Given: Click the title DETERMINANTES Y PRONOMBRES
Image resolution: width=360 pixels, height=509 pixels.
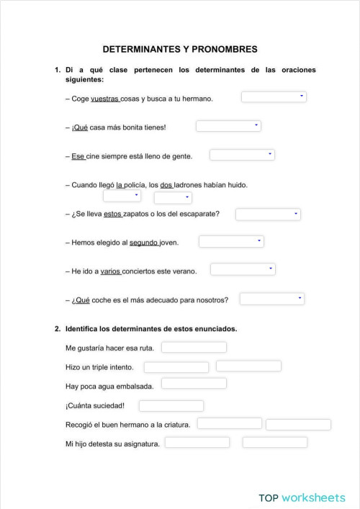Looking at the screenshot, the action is click(179, 49).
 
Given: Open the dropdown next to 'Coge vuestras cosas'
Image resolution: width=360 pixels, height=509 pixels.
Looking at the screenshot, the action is click(274, 97).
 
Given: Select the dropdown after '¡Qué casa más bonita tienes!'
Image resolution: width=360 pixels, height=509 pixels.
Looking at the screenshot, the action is click(228, 126).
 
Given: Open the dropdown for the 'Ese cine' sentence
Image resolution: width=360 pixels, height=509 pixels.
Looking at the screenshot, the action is click(242, 155).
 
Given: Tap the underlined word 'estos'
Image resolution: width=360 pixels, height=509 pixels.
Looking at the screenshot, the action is click(113, 214).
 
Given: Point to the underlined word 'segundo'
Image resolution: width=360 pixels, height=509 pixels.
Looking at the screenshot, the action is click(144, 243).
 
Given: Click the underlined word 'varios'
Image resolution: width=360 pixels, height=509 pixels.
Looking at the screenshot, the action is click(110, 271).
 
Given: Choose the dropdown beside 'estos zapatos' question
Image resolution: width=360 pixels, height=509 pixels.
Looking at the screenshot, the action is click(268, 214).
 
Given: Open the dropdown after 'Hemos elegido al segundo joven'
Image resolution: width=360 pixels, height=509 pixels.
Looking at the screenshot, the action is click(231, 242).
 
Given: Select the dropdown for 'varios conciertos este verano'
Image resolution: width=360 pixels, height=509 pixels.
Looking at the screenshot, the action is click(243, 270).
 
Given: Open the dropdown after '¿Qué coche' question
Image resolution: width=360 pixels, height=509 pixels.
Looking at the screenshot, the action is click(272, 299).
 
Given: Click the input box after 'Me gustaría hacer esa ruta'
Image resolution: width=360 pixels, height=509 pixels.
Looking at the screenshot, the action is click(194, 348).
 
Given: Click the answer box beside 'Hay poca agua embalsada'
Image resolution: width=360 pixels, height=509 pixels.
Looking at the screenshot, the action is click(194, 384).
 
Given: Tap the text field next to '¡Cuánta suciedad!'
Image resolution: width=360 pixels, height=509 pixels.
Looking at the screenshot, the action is click(171, 406).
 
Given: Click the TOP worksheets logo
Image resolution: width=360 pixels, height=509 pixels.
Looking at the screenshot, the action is click(302, 497).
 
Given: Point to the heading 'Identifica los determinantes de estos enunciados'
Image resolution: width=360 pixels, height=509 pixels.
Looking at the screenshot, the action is click(151, 329).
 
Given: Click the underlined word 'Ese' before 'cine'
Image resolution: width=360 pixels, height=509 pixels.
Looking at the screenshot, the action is click(78, 156).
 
